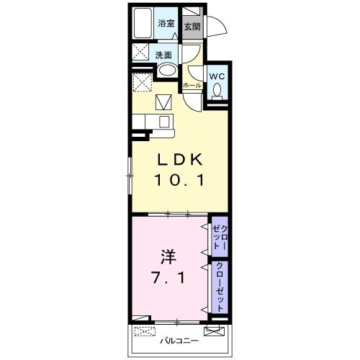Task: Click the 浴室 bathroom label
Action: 166,23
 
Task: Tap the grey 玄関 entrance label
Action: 191,27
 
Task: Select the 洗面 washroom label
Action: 163,55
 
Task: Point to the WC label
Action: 217,76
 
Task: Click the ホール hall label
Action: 192,85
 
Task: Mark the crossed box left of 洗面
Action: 140,54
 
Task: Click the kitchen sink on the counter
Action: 163,121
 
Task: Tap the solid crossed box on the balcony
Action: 213,332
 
